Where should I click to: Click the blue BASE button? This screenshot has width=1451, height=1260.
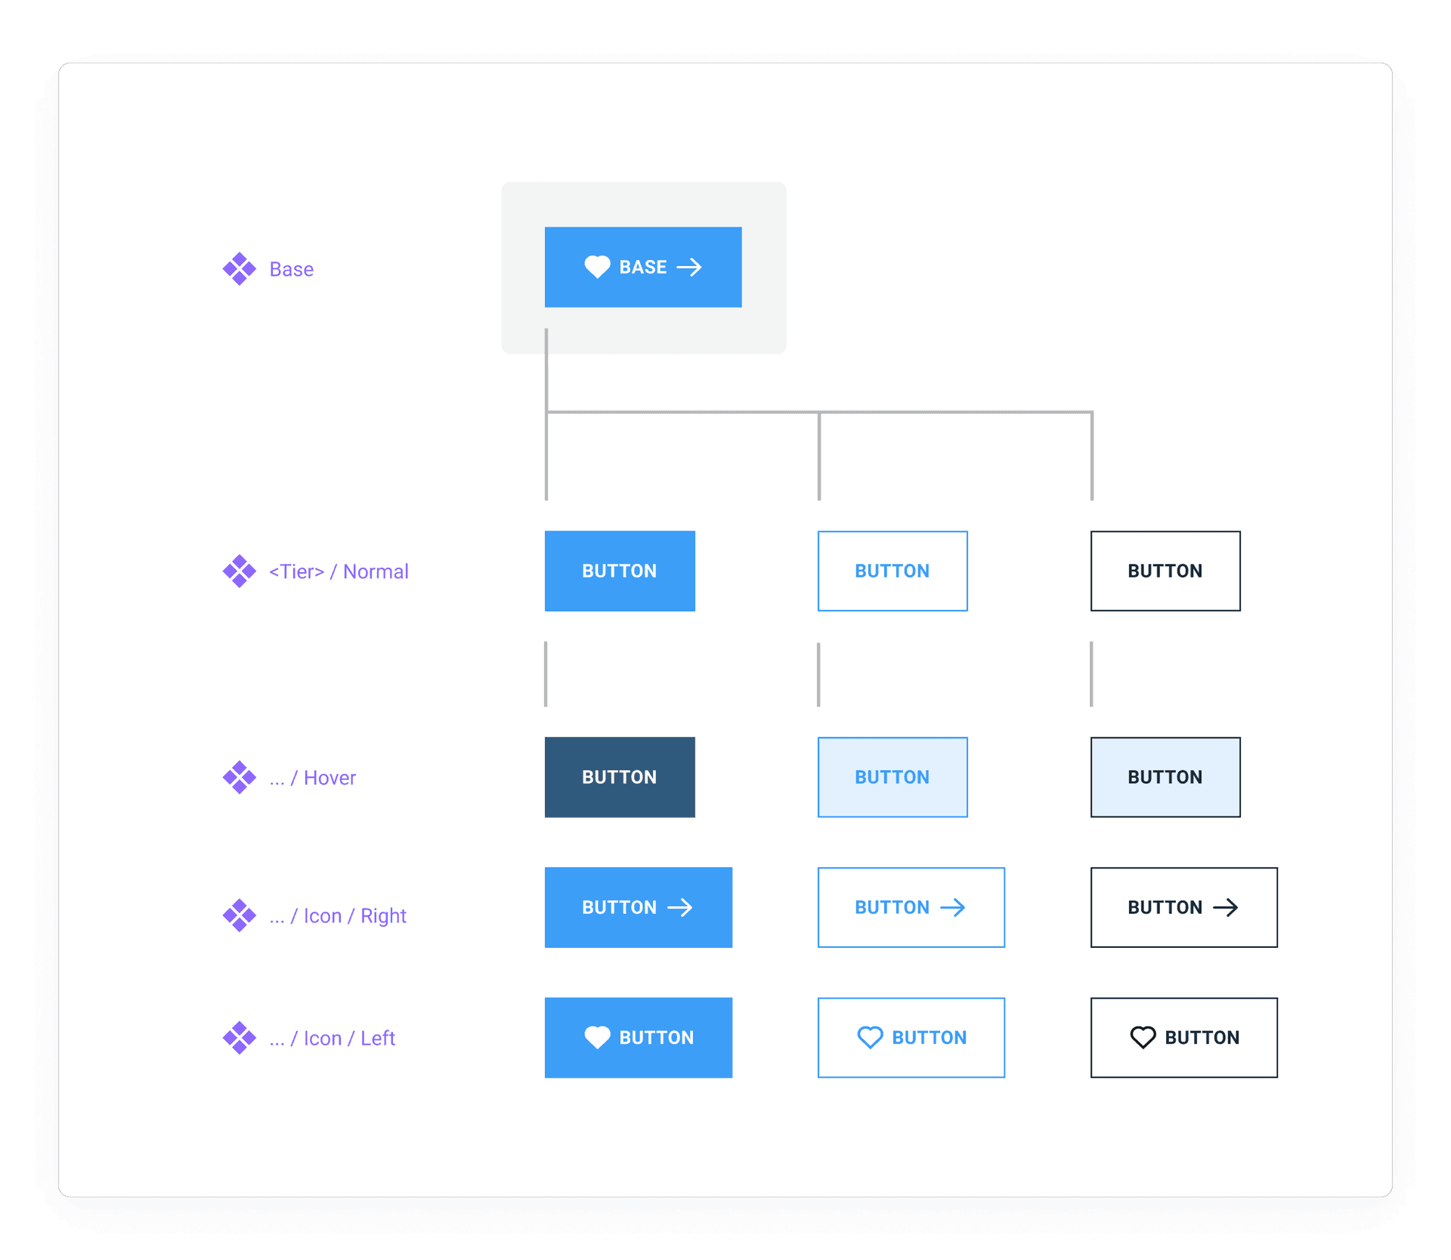coord(642,267)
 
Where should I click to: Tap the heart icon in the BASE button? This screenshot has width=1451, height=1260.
coord(597,267)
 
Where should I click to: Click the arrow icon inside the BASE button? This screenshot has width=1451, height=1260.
coord(689,267)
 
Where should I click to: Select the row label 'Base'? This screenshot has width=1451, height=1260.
coord(291,269)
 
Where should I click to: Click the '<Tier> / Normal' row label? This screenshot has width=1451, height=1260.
coord(339,571)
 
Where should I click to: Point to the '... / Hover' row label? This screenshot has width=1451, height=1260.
coord(312,778)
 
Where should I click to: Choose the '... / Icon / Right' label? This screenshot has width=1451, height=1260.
coord(338,916)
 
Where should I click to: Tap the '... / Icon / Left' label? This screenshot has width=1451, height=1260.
coord(332,1039)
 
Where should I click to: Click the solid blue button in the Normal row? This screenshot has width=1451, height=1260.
coord(620,571)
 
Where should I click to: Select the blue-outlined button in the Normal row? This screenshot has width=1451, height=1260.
coord(893,571)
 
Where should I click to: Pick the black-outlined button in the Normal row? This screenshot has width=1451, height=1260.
coord(1165,571)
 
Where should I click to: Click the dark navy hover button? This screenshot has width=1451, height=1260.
coord(620,777)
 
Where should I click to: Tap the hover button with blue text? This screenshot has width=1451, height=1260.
coord(893,777)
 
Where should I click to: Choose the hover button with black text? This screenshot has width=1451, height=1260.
coord(1165,777)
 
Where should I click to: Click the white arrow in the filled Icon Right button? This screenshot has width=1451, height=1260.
coord(680,907)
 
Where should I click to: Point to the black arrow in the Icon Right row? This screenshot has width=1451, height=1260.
coord(1226,907)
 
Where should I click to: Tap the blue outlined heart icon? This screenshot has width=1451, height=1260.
coord(870,1037)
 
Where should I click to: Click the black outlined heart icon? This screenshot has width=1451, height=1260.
coord(1143,1037)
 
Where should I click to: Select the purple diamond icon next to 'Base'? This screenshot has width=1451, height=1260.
coord(240,269)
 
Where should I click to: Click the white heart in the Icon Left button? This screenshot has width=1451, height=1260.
coord(597,1037)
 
